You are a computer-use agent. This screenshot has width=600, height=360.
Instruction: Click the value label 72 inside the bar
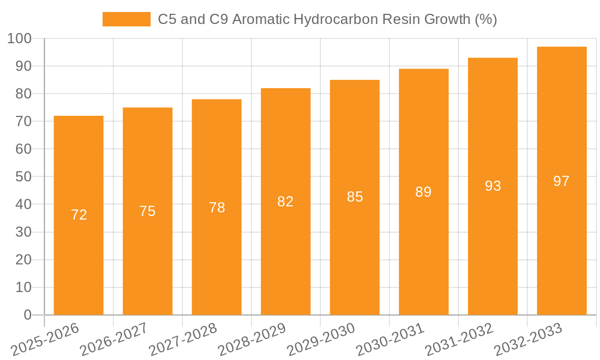point(79,215)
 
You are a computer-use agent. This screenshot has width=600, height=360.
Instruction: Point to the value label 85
point(355,197)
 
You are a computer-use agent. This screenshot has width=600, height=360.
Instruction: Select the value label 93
point(493,186)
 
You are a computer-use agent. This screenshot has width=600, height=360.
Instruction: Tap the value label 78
point(217,208)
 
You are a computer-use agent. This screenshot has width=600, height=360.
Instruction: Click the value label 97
point(562,181)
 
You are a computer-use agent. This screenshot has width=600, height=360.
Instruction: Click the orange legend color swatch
point(127,19)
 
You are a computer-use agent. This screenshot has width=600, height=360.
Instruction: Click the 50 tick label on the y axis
point(23,177)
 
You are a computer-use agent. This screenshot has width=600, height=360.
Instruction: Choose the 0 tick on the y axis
point(27,315)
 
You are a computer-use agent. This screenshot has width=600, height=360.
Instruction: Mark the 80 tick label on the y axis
point(23,94)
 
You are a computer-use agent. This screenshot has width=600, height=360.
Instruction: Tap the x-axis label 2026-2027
point(114,340)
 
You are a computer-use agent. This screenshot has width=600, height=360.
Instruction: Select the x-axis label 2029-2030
point(321,340)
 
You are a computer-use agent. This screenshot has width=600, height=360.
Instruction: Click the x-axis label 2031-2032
point(459,340)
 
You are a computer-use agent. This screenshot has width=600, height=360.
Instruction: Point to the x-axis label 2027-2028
point(183,340)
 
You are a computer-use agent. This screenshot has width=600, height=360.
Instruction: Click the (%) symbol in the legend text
point(485,19)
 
